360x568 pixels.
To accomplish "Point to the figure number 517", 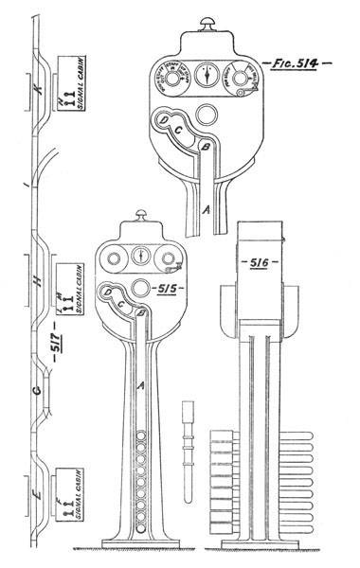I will coord(55,359).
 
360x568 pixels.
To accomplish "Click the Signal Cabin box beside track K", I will coord(73,83).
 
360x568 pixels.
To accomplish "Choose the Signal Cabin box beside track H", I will coord(73,274).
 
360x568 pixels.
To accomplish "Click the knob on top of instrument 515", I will coord(140,217).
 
